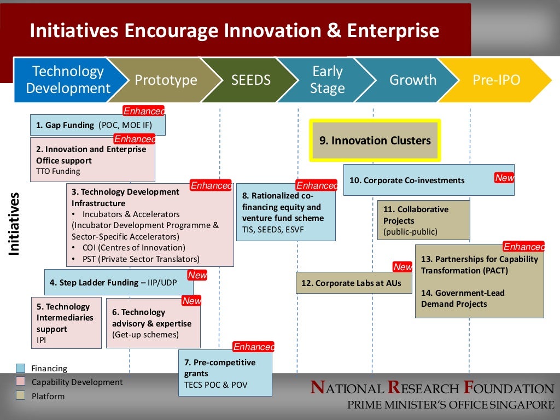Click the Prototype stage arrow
point(166,80)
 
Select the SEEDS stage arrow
point(251,80)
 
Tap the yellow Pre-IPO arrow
point(496,80)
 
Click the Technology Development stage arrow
point(68,80)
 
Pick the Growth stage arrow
point(413,80)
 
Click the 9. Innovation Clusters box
point(375,141)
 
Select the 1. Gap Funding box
point(97,125)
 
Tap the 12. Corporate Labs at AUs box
point(353,283)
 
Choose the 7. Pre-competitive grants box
point(225,373)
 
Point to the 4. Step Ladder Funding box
point(118,283)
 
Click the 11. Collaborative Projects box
point(423,220)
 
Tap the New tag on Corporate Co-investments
point(504,178)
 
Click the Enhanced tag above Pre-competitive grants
point(253,347)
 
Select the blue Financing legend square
point(21,368)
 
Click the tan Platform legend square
point(21,395)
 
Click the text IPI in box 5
point(42,340)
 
